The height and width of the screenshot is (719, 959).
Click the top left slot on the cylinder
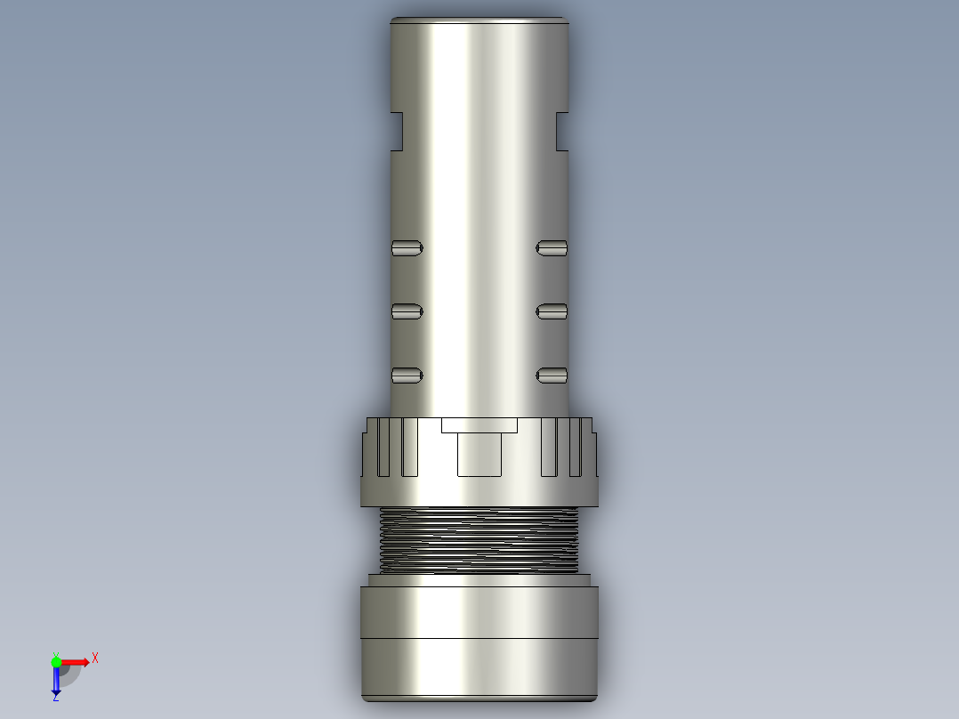click(x=407, y=247)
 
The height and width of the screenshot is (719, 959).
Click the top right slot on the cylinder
click(x=552, y=247)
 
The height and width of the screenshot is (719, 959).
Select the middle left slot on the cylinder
click(x=407, y=311)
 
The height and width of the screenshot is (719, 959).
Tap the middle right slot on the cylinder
click(x=552, y=311)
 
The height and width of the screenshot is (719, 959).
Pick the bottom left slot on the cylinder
click(x=407, y=376)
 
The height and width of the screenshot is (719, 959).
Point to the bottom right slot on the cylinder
click(x=552, y=376)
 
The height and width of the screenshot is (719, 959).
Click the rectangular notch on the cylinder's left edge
click(x=398, y=131)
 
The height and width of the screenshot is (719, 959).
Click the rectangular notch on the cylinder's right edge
click(x=562, y=131)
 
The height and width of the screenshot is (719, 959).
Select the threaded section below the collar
click(x=479, y=538)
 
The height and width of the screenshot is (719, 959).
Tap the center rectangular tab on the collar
click(x=479, y=454)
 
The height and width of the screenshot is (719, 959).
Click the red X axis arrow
click(x=77, y=661)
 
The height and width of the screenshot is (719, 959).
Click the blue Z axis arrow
click(x=55, y=682)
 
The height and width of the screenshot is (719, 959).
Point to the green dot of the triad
click(x=56, y=661)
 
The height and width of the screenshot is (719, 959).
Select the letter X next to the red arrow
click(x=95, y=658)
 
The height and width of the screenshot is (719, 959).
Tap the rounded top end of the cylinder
click(x=479, y=22)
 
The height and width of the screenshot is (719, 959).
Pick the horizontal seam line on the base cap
click(x=479, y=639)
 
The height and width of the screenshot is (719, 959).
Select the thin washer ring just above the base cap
click(x=479, y=580)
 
